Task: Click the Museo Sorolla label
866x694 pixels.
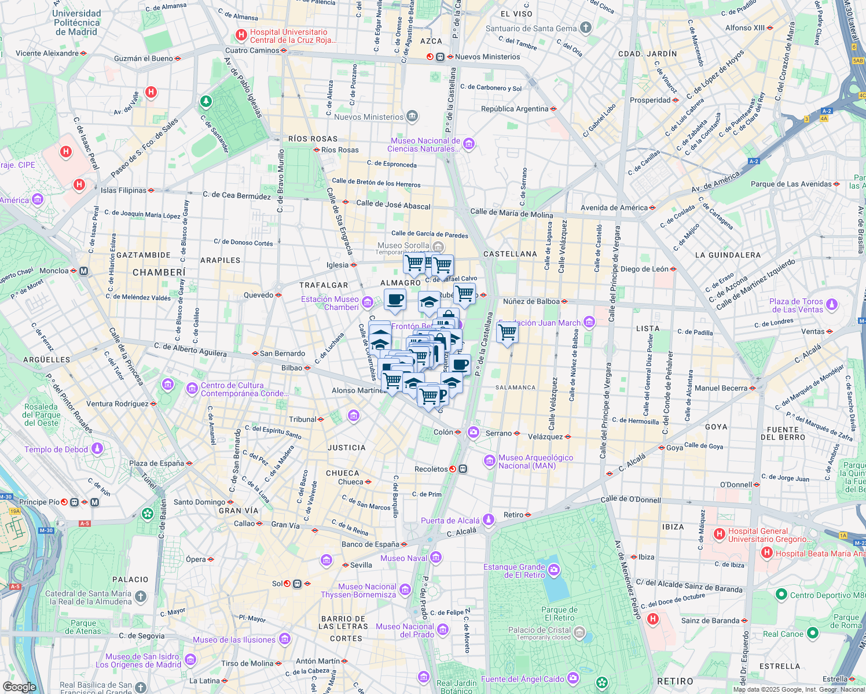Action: [403, 246]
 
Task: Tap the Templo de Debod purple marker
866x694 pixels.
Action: [97, 449]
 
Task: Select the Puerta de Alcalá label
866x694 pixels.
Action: [450, 520]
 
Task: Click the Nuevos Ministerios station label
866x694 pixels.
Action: [487, 57]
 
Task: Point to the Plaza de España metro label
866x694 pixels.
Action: [156, 463]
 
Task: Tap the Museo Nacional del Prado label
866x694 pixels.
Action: [405, 630]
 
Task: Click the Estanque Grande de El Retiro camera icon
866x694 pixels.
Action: [554, 571]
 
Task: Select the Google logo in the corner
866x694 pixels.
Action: [19, 686]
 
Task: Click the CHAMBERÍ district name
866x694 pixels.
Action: [159, 272]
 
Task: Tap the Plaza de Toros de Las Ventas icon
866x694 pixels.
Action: [832, 304]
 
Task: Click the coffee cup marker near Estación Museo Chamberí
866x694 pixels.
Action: [395, 300]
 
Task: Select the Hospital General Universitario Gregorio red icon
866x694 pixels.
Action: [720, 534]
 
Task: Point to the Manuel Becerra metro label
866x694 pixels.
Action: [721, 388]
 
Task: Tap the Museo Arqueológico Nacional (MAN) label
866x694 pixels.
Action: [535, 462]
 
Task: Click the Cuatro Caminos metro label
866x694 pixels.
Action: [252, 50]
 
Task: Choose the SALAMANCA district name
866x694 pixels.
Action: [515, 387]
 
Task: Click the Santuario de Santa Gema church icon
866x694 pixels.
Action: [586, 28]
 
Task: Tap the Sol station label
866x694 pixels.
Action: [277, 584]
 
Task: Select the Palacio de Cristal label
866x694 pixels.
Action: [540, 630]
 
